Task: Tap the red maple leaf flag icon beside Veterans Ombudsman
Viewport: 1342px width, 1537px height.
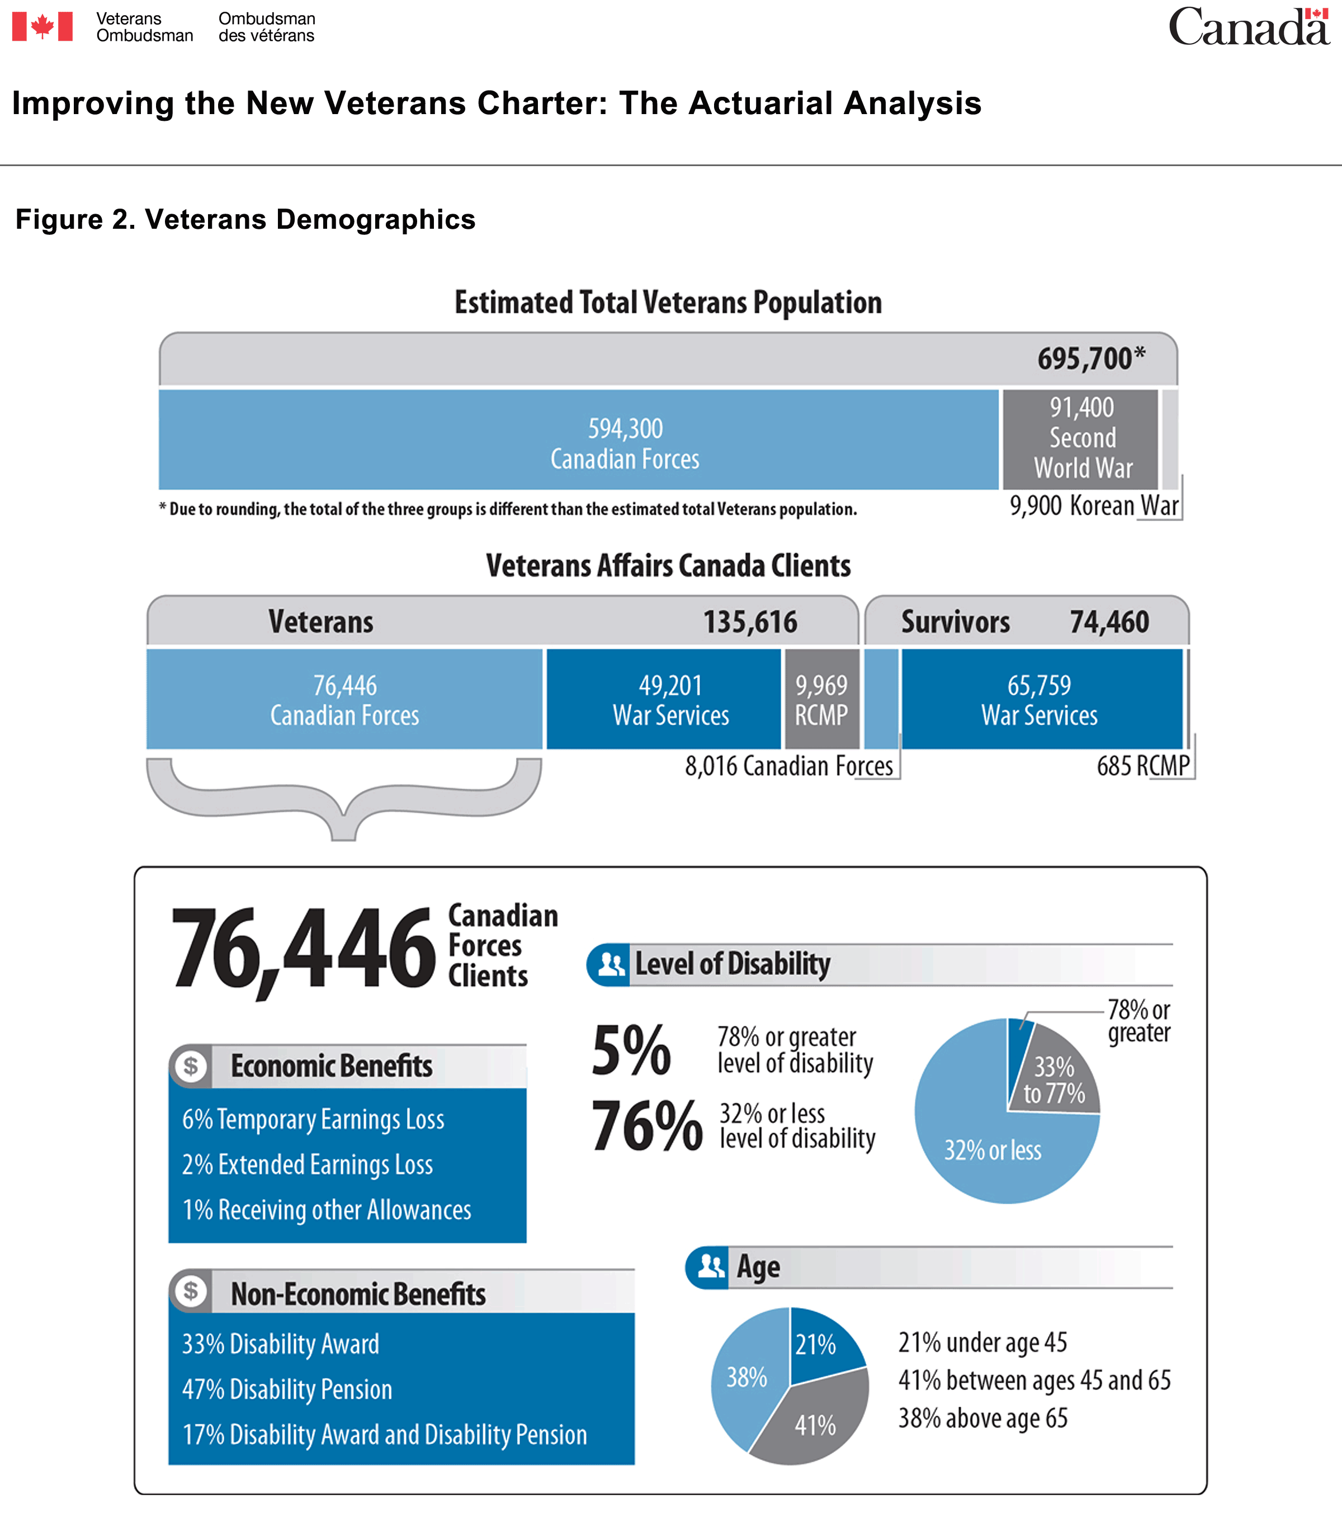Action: (x=42, y=27)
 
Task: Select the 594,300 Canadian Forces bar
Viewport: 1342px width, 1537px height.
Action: (x=578, y=440)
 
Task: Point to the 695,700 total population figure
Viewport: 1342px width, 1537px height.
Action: (x=1090, y=359)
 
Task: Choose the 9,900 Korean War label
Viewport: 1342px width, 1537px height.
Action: (x=1093, y=506)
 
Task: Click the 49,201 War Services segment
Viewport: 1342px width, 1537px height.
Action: (x=664, y=699)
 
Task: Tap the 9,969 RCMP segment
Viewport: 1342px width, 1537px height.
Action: (x=821, y=699)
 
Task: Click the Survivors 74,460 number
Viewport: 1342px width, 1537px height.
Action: (x=1109, y=622)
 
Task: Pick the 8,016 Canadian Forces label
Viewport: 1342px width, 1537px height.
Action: (x=788, y=766)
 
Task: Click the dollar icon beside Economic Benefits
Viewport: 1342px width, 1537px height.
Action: (x=191, y=1066)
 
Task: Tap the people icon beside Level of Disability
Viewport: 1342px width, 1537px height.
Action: (x=611, y=965)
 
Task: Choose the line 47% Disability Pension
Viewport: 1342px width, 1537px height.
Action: (x=287, y=1389)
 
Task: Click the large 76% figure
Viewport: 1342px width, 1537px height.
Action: (x=647, y=1126)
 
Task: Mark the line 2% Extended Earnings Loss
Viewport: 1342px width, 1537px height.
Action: (x=308, y=1164)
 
